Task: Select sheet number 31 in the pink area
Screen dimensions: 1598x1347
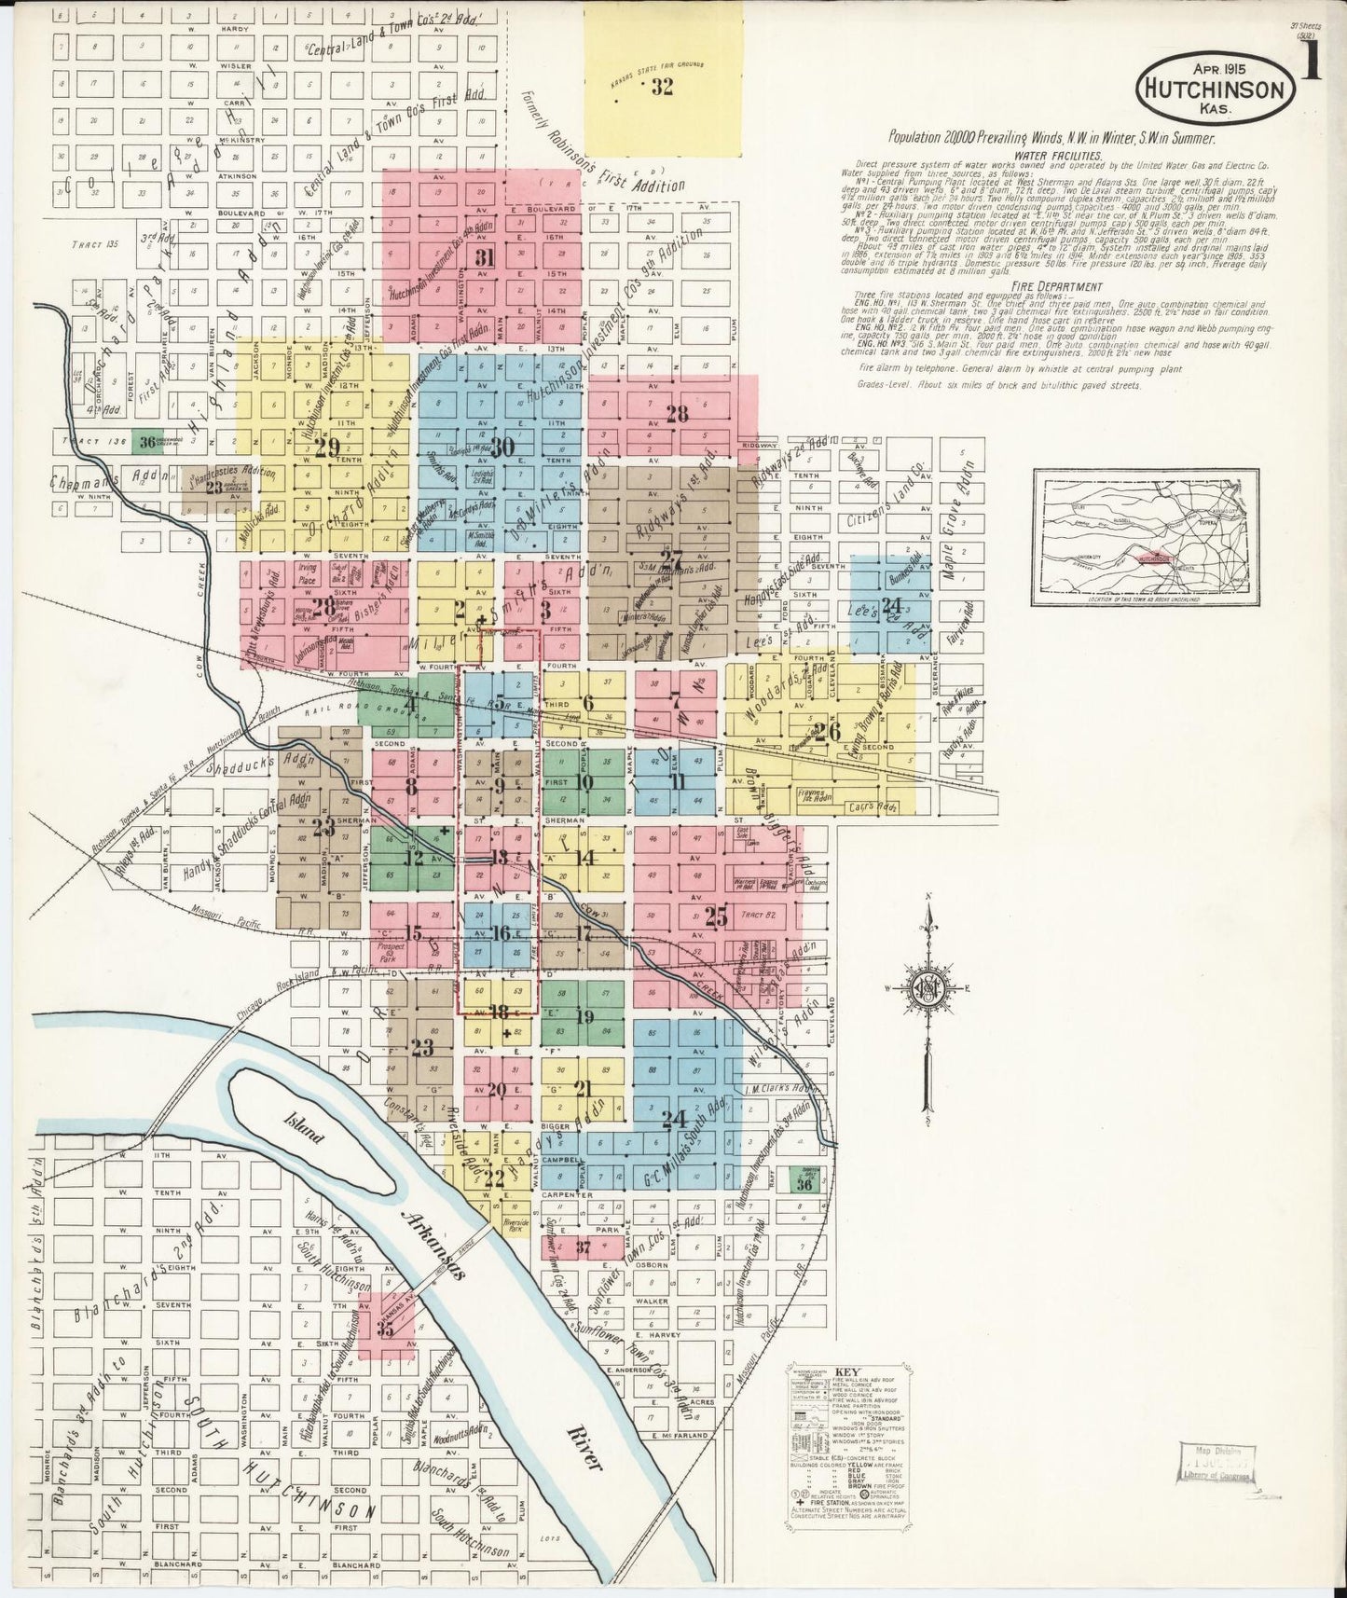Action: (x=484, y=257)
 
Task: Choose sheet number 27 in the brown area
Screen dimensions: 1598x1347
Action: (x=671, y=558)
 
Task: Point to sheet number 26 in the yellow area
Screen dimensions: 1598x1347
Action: (x=827, y=730)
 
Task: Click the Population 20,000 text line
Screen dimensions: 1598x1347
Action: (x=1051, y=137)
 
